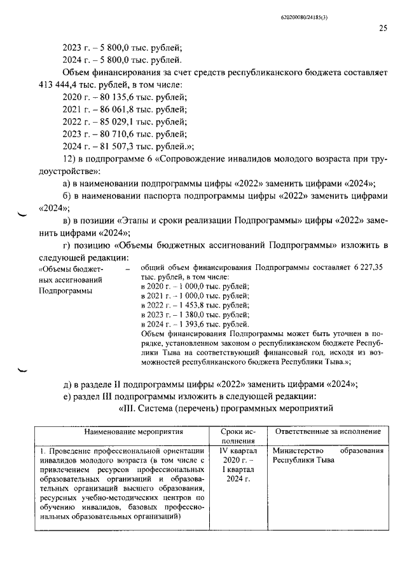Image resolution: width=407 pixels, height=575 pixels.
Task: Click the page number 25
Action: (383, 28)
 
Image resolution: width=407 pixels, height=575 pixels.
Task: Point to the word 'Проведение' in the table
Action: (67, 451)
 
